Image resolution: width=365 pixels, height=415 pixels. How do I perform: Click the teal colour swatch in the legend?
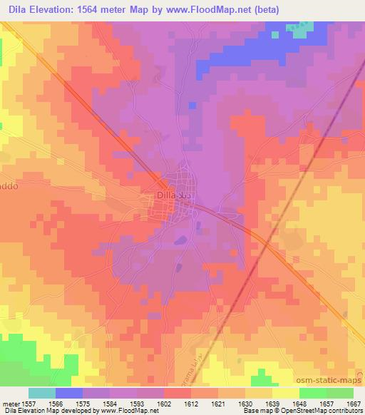pos(42,393)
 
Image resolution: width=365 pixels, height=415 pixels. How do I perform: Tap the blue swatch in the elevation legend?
pos(69,393)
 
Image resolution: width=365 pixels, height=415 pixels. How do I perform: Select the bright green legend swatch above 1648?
pos(312,393)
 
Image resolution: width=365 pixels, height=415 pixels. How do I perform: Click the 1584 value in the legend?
pos(117,403)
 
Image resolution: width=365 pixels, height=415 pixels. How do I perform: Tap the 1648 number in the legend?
pos(306,403)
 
